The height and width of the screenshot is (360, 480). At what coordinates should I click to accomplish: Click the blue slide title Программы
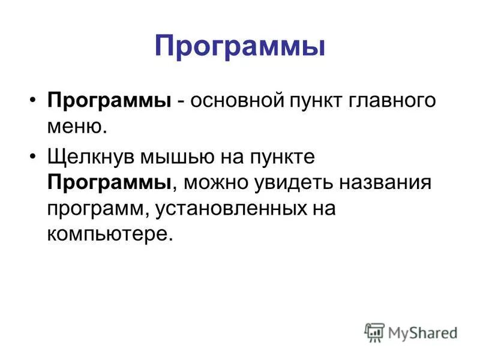click(239, 46)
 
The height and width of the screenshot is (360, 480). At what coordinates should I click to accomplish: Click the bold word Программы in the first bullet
click(109, 101)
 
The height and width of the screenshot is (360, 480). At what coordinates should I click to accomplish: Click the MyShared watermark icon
click(374, 332)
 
